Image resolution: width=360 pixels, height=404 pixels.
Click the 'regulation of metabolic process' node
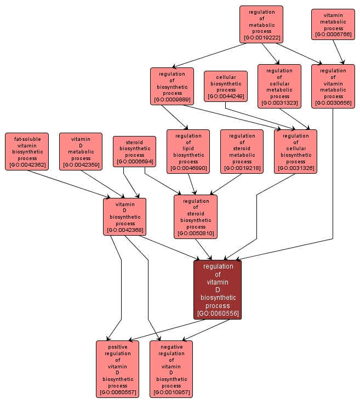point(261,25)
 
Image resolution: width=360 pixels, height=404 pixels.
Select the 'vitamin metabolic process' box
point(333,24)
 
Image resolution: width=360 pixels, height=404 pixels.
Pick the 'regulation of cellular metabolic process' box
point(279,87)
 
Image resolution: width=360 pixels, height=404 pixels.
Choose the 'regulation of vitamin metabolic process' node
point(333,87)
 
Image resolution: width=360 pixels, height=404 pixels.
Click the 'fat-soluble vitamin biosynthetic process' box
point(27,151)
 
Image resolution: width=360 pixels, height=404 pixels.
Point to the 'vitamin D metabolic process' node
point(81,151)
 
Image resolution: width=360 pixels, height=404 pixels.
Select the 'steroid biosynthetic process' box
point(134,151)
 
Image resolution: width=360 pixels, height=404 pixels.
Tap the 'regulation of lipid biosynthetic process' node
point(188,151)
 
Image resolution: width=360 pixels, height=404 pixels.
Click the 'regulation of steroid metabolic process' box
point(242,151)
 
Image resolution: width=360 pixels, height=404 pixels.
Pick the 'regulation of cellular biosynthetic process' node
point(295,151)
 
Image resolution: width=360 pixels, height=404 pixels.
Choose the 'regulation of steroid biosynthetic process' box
point(196,217)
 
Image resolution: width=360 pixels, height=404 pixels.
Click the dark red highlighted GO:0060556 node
point(218,290)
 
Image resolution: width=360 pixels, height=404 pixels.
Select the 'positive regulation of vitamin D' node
point(117,369)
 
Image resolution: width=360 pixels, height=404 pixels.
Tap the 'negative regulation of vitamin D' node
point(171,369)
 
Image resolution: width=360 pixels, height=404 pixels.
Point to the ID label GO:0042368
point(125,230)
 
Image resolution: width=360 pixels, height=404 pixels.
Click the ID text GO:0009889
point(172,100)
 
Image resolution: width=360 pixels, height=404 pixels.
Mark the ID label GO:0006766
point(333,35)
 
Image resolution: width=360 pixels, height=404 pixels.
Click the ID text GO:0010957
point(171,392)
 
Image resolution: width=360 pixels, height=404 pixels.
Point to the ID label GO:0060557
point(117,392)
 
